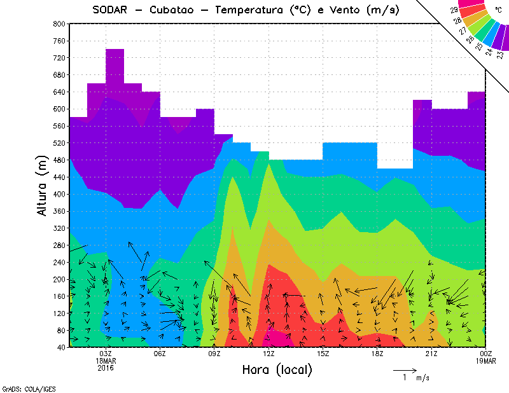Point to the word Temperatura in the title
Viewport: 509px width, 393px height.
[251, 10]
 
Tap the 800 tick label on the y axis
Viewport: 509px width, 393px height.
[59, 24]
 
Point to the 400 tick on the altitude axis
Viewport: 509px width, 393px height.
[59, 194]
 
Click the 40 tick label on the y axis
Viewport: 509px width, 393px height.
[60, 347]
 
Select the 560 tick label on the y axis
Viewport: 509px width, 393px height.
[59, 126]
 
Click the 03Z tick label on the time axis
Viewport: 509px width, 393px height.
[106, 354]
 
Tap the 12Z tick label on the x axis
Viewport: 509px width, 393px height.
[268, 354]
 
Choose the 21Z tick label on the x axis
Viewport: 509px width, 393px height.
[432, 354]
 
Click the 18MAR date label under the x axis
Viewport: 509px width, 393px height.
[106, 360]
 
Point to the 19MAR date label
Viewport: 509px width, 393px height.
[486, 360]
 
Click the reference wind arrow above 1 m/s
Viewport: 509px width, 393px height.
[404, 369]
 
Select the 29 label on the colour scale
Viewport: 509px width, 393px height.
[454, 10]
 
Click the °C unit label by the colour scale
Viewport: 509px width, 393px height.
[497, 9]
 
